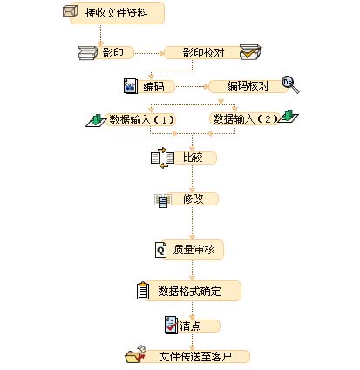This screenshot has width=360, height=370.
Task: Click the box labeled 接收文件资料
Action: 117,13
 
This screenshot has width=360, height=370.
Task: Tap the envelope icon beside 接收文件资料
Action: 71,11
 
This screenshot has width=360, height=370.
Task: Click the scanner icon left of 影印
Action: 88,53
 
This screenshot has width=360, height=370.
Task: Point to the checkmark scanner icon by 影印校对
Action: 250,52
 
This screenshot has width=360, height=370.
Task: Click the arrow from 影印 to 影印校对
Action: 149,53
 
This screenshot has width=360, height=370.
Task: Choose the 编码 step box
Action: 155,86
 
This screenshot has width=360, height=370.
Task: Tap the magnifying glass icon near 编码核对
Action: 290,85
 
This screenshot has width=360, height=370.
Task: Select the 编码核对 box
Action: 248,86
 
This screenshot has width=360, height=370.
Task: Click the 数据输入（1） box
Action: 140,119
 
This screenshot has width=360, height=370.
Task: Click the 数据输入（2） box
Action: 245,119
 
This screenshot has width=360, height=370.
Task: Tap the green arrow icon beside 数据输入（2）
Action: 288,118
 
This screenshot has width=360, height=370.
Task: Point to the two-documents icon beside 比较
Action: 162,158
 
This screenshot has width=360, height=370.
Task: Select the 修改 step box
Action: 193,199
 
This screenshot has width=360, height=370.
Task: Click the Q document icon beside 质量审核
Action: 160,250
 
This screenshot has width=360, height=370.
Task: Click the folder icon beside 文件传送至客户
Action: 136,354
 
